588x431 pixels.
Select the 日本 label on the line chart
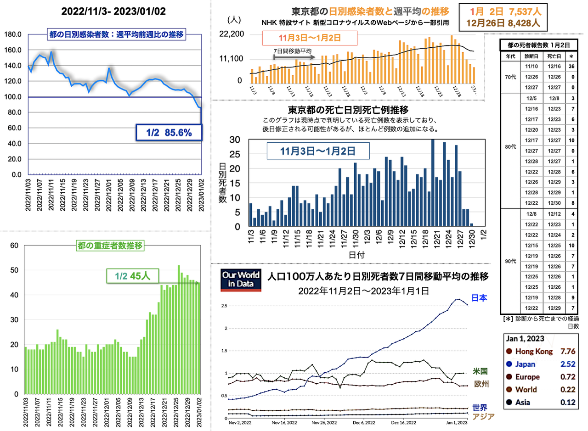479,298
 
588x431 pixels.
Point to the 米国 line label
480,371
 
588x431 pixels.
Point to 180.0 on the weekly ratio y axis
13,34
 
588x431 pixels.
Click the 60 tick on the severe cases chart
14,246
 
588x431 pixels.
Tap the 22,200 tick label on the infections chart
234,34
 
